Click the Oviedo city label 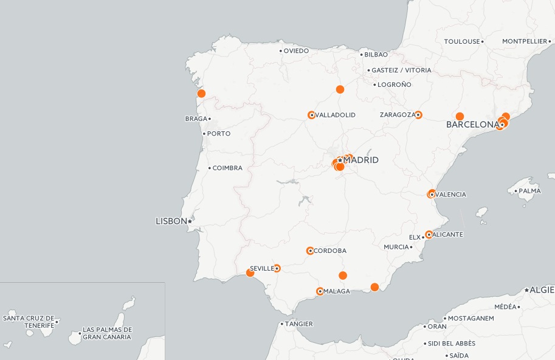click(296, 50)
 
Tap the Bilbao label click(376, 54)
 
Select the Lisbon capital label click(171, 221)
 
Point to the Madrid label click(360, 160)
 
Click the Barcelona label click(472, 125)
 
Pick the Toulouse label click(462, 41)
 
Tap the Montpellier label click(525, 41)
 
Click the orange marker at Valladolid click(311, 115)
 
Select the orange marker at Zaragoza click(418, 115)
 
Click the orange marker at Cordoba click(310, 251)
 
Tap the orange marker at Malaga click(320, 291)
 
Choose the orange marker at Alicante click(429, 234)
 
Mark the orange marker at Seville click(277, 268)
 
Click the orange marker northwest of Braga click(201, 94)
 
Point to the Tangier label click(298, 324)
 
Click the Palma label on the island click(529, 190)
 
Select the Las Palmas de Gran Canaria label click(107, 333)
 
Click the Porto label click(219, 133)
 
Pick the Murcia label click(396, 247)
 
